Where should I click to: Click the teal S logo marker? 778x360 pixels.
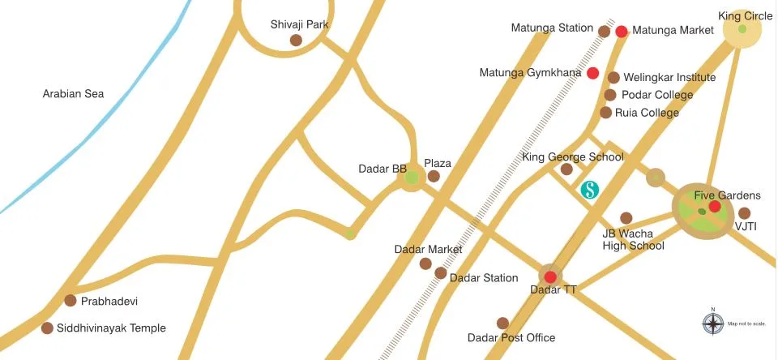[590, 191]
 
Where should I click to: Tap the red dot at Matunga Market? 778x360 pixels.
[622, 32]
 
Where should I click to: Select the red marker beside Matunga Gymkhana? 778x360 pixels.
[593, 73]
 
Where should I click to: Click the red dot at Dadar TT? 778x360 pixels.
[550, 276]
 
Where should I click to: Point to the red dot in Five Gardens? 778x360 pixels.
[715, 207]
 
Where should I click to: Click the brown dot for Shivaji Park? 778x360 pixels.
[296, 40]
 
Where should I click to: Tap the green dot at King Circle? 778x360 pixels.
[742, 29]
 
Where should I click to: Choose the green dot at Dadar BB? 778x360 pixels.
[412, 177]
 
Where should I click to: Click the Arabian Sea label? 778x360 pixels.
[74, 94]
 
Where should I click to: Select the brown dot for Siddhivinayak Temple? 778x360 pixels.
[47, 328]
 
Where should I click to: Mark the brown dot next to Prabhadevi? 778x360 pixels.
[71, 301]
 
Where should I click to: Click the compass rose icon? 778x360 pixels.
[712, 324]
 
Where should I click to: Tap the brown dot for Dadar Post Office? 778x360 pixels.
[502, 323]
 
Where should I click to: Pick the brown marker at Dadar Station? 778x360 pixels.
[440, 273]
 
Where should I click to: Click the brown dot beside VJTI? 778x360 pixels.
[745, 213]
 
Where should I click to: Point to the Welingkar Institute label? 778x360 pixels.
[669, 78]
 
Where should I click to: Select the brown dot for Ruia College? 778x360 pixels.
[605, 113]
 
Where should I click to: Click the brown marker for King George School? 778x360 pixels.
[566, 169]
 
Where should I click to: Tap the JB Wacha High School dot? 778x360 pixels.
[626, 217]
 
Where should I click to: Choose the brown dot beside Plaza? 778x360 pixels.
[434, 176]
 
